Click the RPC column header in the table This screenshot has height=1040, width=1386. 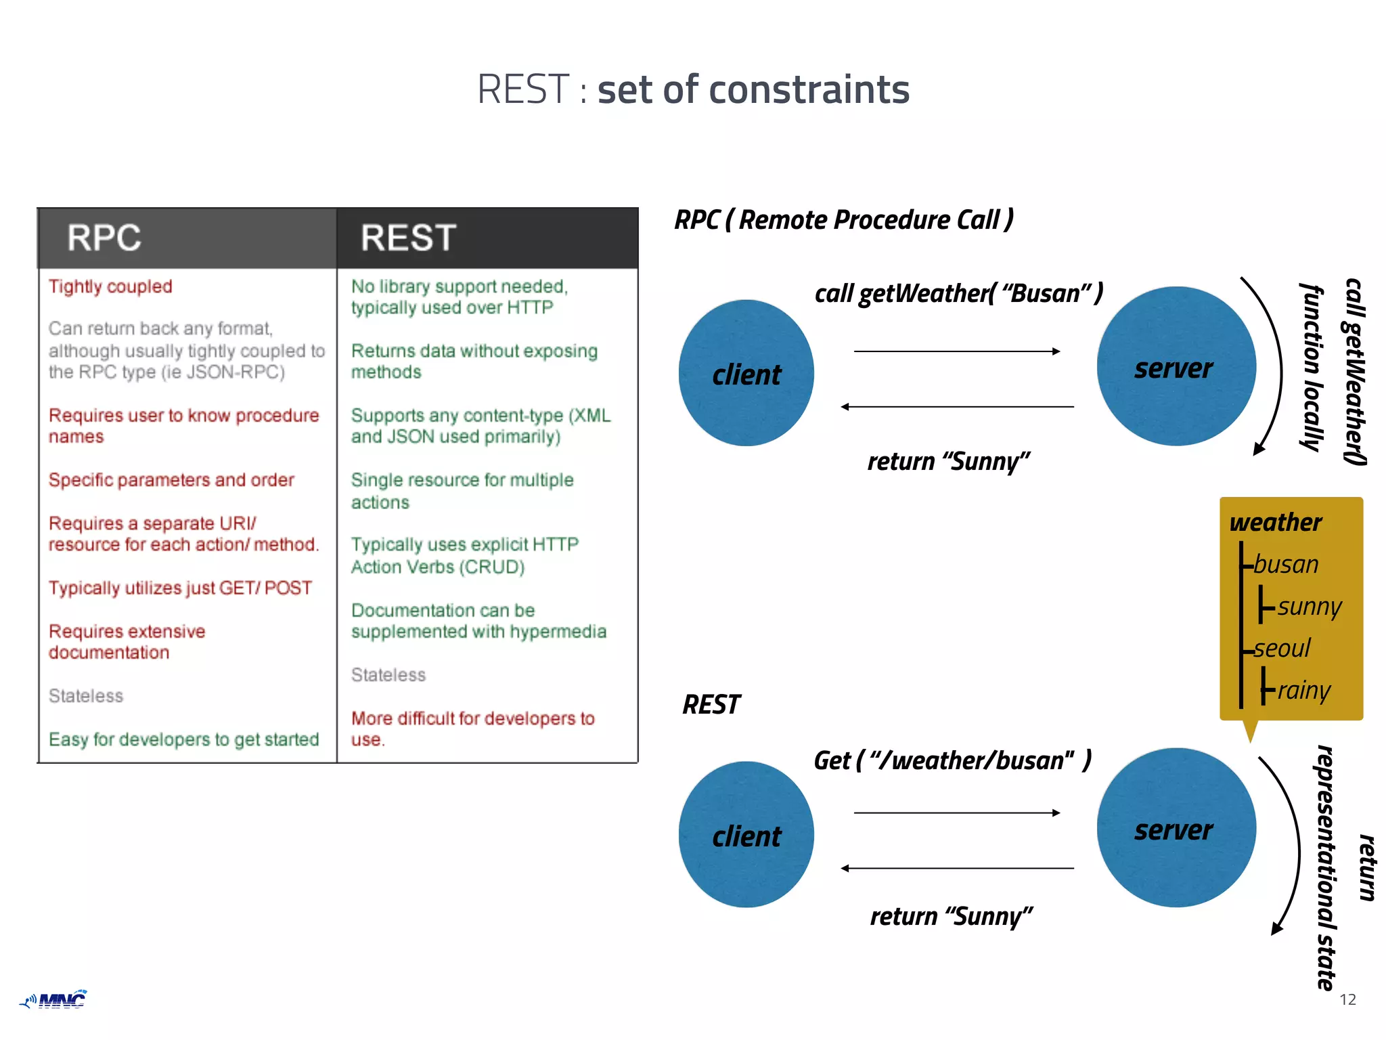click(104, 238)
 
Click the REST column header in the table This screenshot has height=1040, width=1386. click(408, 238)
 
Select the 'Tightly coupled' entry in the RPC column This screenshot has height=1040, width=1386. click(110, 286)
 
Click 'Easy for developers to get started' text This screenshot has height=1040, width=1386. click(183, 739)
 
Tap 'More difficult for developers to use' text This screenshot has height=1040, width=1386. click(472, 728)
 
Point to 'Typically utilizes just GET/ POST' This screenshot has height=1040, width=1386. click(180, 588)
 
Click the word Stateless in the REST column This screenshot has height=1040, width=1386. click(388, 675)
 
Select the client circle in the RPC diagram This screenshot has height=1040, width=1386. click(746, 373)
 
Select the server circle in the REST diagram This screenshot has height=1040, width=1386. click(1176, 828)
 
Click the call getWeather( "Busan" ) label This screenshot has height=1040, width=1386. click(958, 294)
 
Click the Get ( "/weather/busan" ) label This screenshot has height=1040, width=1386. click(952, 760)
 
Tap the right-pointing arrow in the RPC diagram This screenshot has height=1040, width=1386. click(957, 351)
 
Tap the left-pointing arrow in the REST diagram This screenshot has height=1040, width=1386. click(957, 868)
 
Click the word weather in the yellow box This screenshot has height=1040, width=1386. click(1275, 523)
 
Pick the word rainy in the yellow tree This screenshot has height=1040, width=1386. click(1303, 691)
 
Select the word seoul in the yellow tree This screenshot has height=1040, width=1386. click(1282, 649)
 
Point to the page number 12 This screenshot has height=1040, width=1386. click(1347, 1000)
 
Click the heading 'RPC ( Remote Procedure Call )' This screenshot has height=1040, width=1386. click(844, 220)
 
